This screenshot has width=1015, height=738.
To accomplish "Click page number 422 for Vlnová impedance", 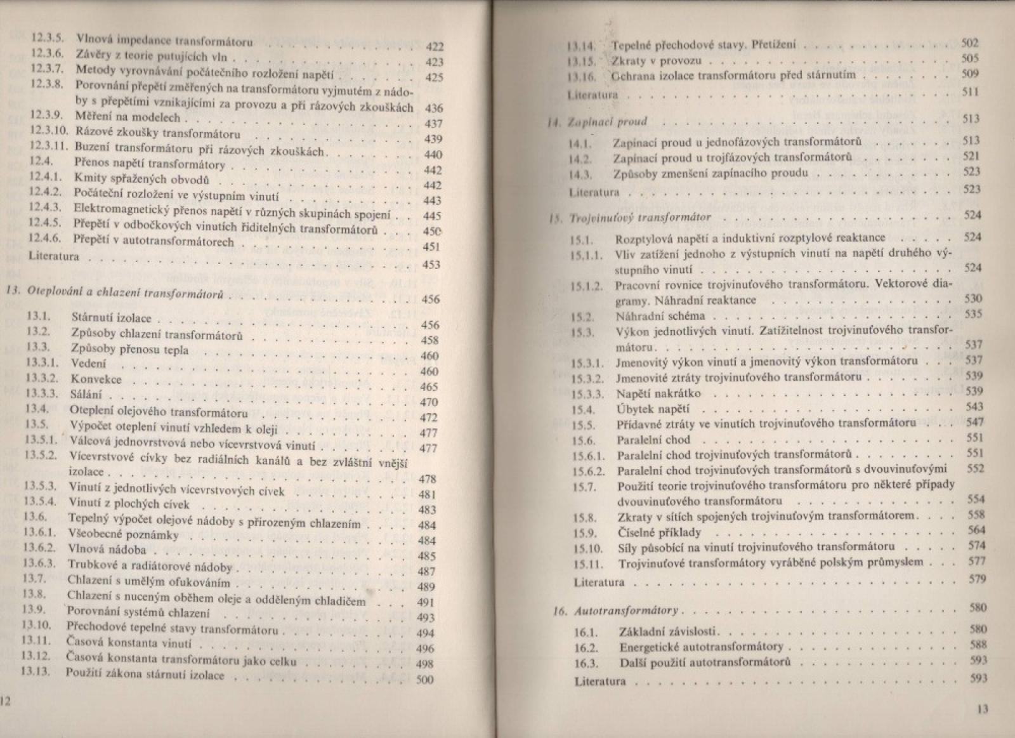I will coord(435,46).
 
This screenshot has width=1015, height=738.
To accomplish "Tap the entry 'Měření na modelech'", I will coord(128,117).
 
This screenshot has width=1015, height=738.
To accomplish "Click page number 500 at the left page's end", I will coord(424,680).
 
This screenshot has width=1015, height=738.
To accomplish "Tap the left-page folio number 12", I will coord(6,700).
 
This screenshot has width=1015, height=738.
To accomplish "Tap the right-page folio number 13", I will coord(983,709).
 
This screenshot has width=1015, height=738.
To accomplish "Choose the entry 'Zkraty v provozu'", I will coord(656,61).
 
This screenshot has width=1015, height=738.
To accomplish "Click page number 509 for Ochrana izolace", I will coord(970,74).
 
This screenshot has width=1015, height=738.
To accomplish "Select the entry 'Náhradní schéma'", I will coord(660,316).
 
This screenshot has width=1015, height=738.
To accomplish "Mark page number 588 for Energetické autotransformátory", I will coord(978,645).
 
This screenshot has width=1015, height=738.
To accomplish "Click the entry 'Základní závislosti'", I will coord(671,632).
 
